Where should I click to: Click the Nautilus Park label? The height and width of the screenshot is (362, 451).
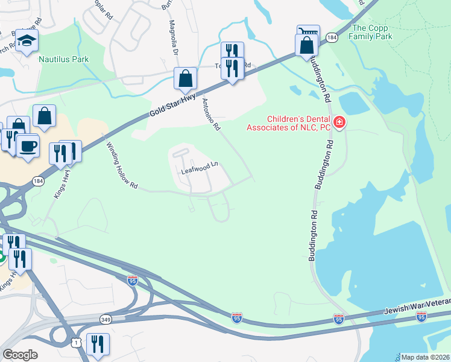click(63, 59)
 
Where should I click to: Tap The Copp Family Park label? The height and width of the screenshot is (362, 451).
click(372, 32)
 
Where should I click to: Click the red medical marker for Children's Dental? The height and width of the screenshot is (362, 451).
click(339, 123)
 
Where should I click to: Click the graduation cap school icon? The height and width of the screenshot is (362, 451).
click(27, 40)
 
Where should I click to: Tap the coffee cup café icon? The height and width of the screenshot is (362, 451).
click(27, 145)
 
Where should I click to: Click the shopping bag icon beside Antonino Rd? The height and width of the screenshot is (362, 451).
click(185, 78)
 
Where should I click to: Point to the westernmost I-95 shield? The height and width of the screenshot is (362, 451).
click(133, 280)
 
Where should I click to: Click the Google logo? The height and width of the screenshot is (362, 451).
click(20, 355)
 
